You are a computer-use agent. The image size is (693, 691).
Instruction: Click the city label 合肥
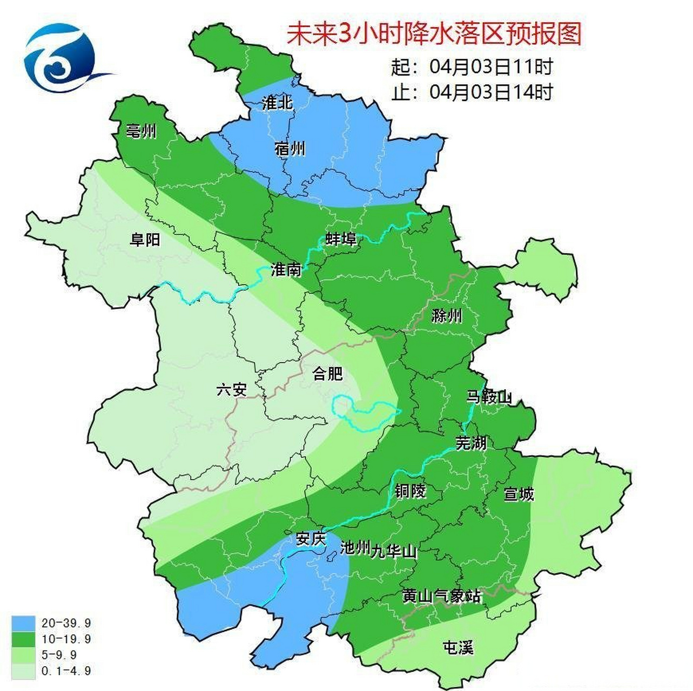coord(327,373)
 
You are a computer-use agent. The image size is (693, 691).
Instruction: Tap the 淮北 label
coord(277,103)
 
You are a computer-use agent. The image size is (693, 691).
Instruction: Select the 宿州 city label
coord(290,148)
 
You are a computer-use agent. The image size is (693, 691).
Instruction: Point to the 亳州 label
coord(141,131)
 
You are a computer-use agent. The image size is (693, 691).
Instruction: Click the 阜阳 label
coord(145,239)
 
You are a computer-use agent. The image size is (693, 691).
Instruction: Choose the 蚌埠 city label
coord(341,238)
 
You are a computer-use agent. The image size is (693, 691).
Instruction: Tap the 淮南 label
coord(286,269)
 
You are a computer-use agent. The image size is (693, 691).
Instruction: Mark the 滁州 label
coord(447,315)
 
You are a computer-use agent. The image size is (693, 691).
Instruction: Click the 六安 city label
coord(231,389)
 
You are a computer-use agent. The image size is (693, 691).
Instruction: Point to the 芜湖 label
coord(471,443)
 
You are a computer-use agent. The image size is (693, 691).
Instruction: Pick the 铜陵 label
coord(410,491)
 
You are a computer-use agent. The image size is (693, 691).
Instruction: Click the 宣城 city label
coord(519,494)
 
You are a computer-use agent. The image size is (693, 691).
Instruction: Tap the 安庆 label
coord(311,539)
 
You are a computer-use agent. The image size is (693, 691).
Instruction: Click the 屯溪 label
coord(457,647)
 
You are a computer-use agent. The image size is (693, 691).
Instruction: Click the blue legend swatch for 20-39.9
coord(23,623)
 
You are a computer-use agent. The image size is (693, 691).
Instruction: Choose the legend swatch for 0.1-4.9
coord(23,670)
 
